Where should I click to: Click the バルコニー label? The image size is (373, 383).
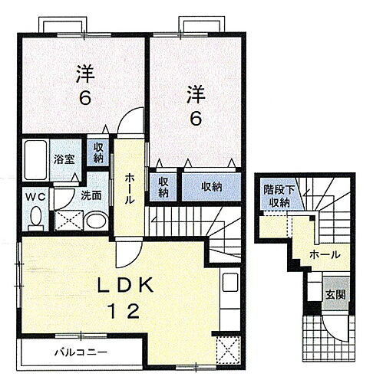[80, 353]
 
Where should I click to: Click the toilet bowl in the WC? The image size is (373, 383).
[34, 219]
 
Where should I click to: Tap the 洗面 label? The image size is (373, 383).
[92, 195]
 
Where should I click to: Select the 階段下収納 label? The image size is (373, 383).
[278, 195]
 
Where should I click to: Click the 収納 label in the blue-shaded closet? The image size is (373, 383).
[212, 186]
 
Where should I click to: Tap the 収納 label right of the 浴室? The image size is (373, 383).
[98, 154]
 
